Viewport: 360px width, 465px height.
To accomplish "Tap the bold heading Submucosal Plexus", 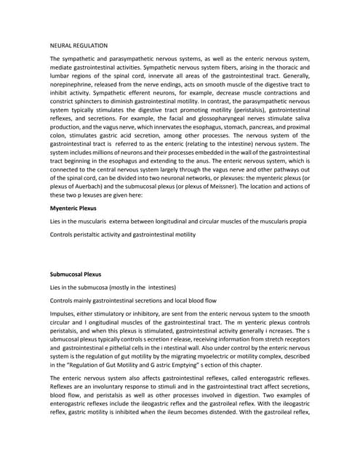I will coord(76,275).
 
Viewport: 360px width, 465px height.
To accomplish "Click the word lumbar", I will coord(61,83).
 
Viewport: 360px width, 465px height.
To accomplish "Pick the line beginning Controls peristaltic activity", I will coord(122,234).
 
